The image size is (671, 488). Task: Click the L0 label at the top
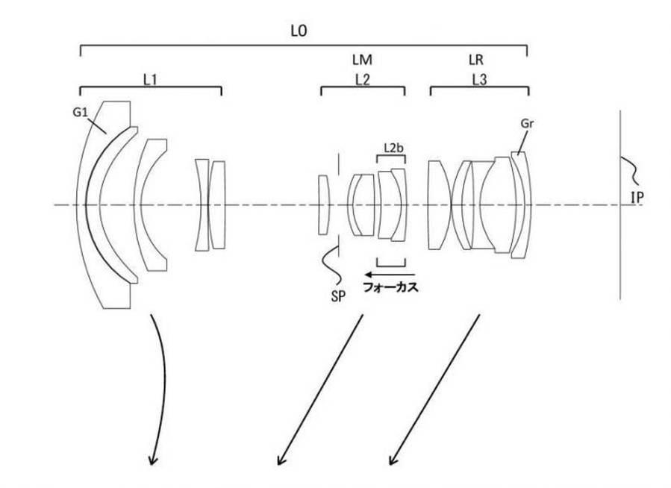tap(299, 31)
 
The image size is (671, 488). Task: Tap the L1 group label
tap(149, 80)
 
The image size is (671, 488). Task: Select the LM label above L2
tap(362, 60)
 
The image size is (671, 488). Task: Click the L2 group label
tap(362, 80)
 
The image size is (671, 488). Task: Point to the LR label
tap(476, 60)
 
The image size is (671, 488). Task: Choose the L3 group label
tap(479, 80)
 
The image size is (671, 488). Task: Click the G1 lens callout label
tap(80, 113)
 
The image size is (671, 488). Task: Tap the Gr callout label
tap(527, 124)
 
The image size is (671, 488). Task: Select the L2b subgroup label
tap(393, 148)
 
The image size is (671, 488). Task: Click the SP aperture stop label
tap(337, 296)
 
